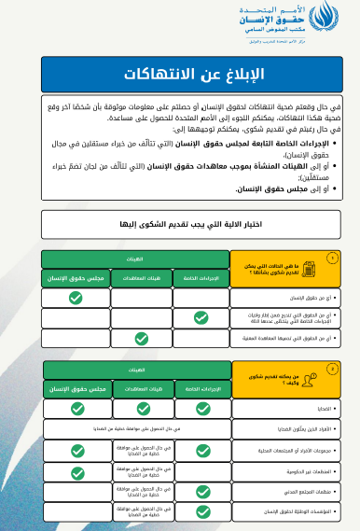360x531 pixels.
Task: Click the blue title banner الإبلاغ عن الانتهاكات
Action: tap(179, 73)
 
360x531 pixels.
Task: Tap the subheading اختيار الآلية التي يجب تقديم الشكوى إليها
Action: tap(179, 224)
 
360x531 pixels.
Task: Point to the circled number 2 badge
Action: tap(330, 370)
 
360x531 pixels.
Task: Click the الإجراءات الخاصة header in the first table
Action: tap(201, 277)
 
